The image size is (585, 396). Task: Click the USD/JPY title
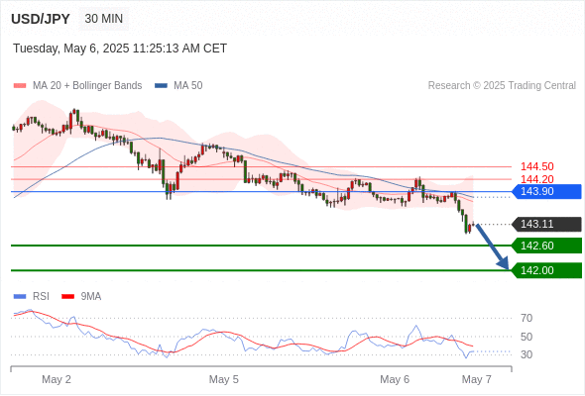click(41, 19)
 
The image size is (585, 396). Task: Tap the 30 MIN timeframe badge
click(104, 19)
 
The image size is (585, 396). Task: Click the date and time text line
click(120, 49)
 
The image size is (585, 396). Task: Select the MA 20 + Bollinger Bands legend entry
click(77, 86)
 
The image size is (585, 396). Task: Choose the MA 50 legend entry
click(178, 86)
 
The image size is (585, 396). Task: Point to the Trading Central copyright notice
click(502, 86)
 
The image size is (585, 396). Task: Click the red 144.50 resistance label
click(536, 166)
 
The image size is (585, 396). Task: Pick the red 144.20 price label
click(536, 179)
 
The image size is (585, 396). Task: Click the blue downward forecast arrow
click(492, 247)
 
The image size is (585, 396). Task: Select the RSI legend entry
click(32, 297)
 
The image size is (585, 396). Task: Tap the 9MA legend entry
click(81, 297)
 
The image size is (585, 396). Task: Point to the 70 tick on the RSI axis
click(526, 318)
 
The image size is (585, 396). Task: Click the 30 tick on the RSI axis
click(526, 354)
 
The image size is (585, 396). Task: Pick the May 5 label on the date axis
click(223, 379)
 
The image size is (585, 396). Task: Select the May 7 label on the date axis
click(477, 379)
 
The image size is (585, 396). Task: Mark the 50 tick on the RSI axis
click(526, 337)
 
